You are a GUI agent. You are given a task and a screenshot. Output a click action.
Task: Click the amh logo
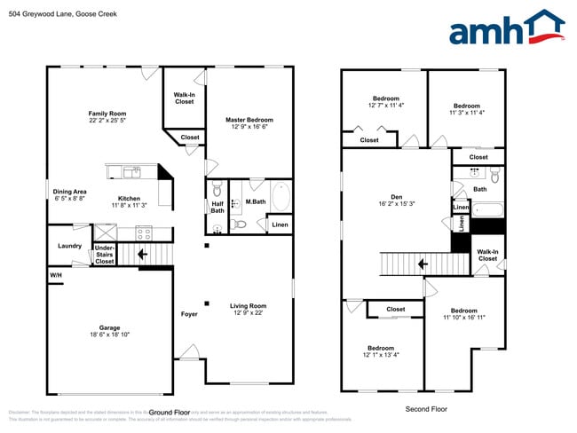coord(506,29)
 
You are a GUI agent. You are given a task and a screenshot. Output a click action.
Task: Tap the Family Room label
coord(107,114)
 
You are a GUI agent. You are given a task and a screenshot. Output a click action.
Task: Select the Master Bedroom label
coord(249,120)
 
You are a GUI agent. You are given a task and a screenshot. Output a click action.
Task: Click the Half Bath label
coord(217,206)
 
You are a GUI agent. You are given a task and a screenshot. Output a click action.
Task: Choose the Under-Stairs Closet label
coord(104,255)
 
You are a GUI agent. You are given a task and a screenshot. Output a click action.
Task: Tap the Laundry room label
coord(70,246)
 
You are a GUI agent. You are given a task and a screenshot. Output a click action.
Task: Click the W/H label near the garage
coord(56,276)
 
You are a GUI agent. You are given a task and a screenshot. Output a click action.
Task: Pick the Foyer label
coord(189,314)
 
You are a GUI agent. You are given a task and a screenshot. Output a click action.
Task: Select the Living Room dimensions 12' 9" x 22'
coord(249,312)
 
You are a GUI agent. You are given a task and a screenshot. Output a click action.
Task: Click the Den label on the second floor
coord(397,197)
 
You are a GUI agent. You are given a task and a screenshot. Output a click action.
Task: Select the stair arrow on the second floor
coord(423,264)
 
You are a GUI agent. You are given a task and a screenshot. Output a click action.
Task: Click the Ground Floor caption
coord(170,413)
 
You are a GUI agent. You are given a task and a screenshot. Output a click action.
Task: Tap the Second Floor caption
coord(425,409)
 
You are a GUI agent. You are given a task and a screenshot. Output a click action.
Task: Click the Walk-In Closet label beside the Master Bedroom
coord(184,98)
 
